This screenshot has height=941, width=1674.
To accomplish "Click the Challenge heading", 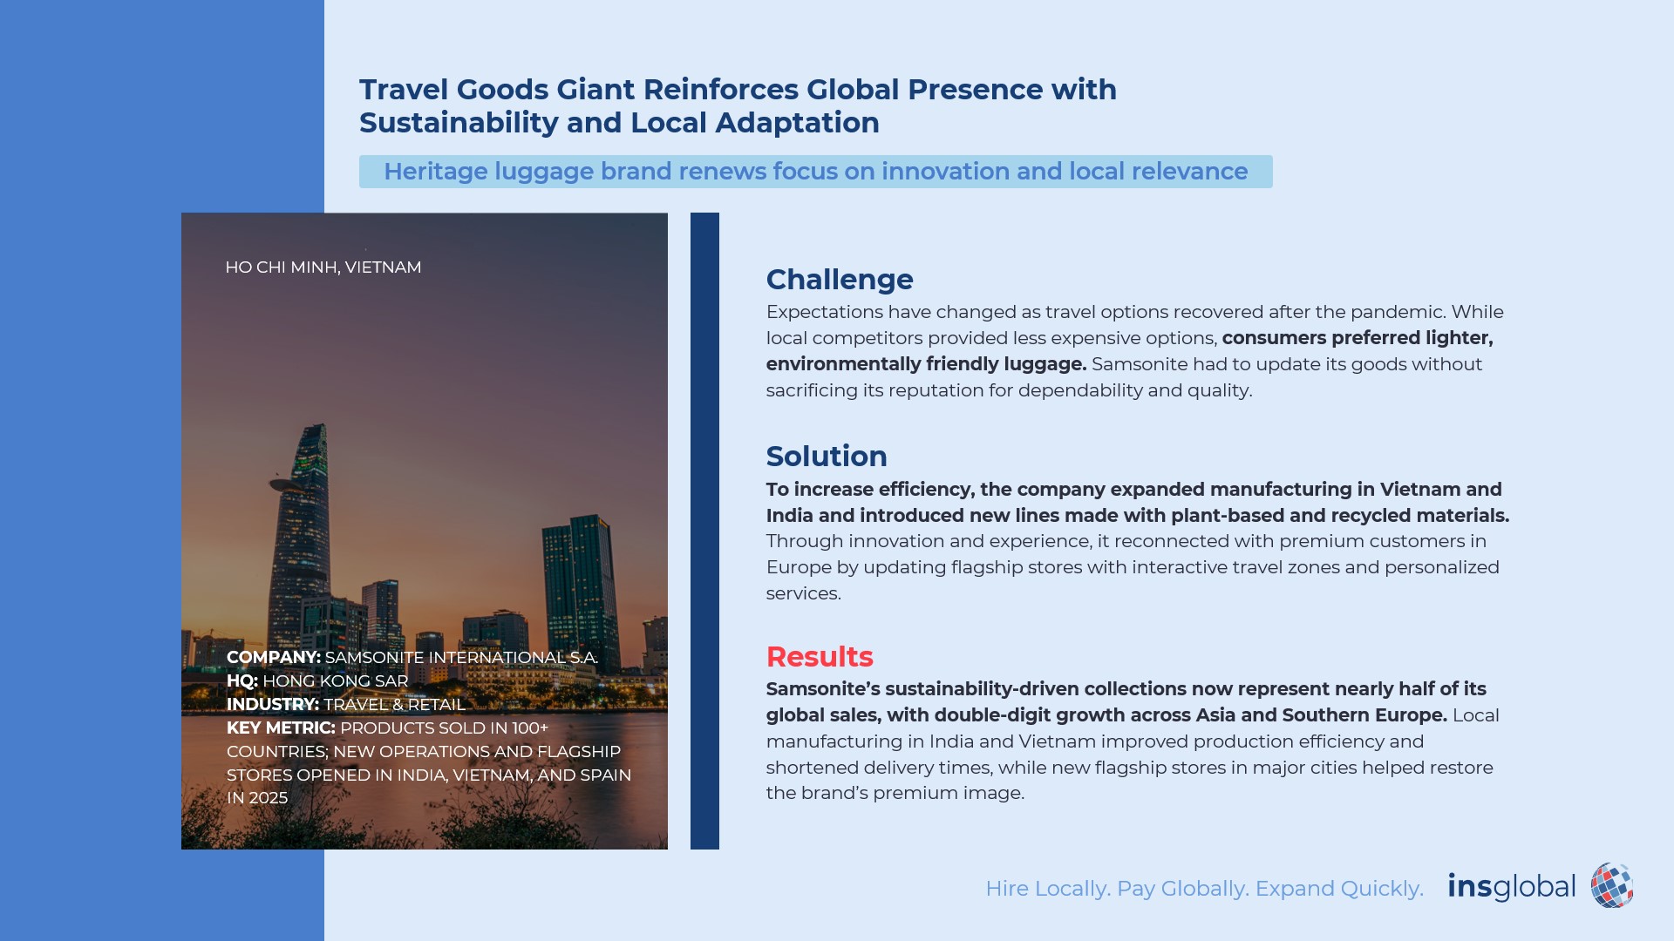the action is point(840,280).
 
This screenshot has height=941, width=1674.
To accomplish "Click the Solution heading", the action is point(827,457).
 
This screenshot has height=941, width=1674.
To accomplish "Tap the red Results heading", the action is point(820,657).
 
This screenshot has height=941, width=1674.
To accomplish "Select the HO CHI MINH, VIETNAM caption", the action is point(323,267).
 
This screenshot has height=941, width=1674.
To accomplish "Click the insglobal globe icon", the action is point(1612,886).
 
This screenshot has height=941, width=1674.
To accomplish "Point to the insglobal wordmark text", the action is point(1512,887).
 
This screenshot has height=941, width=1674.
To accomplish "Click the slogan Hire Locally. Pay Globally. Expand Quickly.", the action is point(1204,889).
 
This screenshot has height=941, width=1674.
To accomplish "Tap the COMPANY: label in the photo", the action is point(274,658).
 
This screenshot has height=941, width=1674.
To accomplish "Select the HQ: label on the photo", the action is point(242,681).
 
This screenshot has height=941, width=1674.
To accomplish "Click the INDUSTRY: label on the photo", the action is point(273,705).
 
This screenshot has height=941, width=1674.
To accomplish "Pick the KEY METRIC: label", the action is point(281,728).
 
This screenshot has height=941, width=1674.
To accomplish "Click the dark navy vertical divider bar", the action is point(704,531).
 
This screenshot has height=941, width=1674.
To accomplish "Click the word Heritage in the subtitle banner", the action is point(436,172).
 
